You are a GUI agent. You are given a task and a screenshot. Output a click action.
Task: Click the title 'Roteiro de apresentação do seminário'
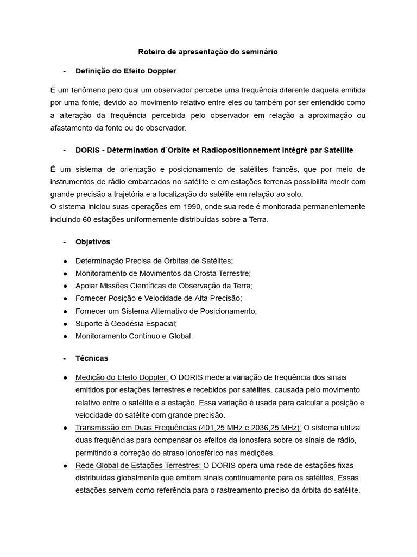pos(208,52)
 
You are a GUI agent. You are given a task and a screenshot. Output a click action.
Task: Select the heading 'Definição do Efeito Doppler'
pos(125,71)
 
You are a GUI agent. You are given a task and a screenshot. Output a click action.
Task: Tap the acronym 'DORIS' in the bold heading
pos(87,150)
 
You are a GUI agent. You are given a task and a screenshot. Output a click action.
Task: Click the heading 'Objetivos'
pos(92,242)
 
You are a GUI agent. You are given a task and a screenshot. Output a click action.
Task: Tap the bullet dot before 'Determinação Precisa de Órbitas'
pos(65,261)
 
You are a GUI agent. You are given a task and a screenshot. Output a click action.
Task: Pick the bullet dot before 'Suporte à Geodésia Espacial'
pos(65,324)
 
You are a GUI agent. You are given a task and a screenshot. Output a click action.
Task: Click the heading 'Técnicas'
pos(92,358)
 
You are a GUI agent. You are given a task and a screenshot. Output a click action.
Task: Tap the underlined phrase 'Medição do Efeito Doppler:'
pos(122,377)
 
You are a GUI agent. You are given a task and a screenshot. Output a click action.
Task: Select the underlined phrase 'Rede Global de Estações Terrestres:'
pos(139,465)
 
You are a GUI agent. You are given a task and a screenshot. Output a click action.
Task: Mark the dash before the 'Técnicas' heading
pos(65,358)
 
